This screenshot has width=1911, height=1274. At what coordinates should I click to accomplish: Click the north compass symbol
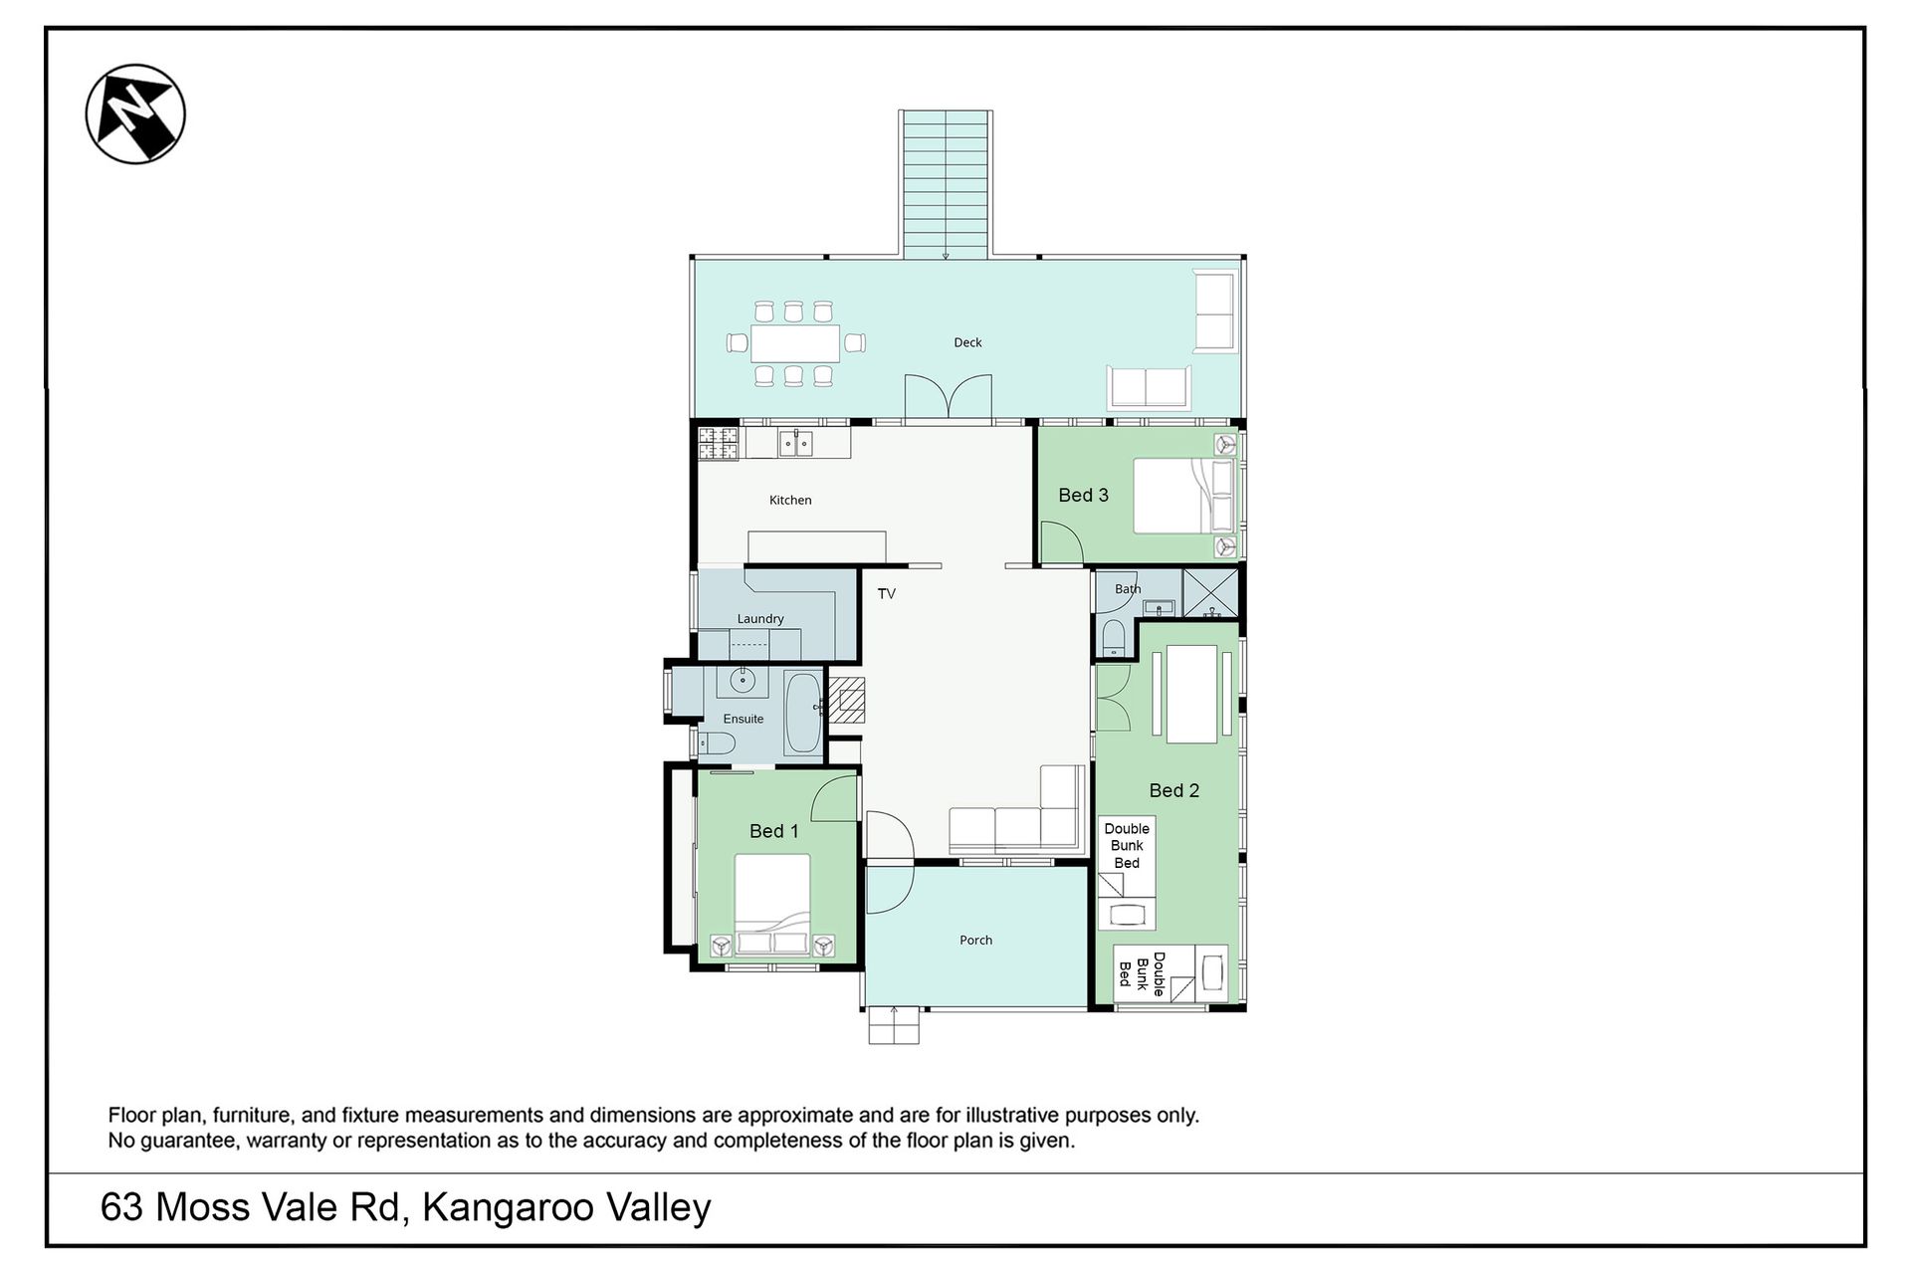point(135,113)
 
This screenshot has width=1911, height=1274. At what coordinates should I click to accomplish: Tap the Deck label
point(967,342)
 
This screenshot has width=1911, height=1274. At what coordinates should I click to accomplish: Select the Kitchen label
point(790,500)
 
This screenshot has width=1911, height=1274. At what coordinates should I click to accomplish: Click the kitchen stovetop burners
point(718,443)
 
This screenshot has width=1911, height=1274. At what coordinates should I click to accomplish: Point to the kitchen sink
point(796,442)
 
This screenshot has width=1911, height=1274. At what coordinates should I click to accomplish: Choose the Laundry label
point(760,618)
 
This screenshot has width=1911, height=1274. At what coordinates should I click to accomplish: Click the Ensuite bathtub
point(803,713)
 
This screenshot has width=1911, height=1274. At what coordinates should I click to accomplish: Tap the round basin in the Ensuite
point(743,681)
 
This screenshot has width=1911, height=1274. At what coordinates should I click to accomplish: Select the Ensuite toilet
point(716,743)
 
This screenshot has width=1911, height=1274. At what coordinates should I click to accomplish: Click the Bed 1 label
point(773,831)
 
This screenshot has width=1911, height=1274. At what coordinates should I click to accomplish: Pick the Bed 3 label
point(1083,495)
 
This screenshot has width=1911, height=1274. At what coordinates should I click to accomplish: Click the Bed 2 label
point(1174,790)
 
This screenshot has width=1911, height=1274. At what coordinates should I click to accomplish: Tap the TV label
point(887,593)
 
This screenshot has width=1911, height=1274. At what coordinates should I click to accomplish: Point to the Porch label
point(976,940)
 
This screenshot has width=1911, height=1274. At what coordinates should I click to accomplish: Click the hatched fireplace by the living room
point(848,699)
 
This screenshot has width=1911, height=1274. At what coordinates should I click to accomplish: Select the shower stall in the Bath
point(1210,593)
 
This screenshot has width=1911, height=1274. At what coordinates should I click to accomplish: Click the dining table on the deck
point(795,343)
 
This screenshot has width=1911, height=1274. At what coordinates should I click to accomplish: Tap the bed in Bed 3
point(1184,495)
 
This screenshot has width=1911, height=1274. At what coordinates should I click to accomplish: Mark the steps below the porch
point(894,1025)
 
